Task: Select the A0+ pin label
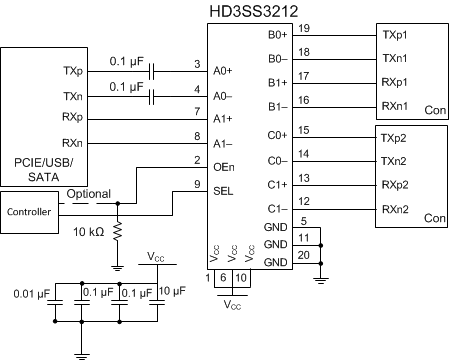[222, 71]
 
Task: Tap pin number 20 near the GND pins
[304, 254]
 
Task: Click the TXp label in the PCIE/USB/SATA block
[72, 72]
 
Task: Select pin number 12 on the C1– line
[304, 201]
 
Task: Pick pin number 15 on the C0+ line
[304, 129]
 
